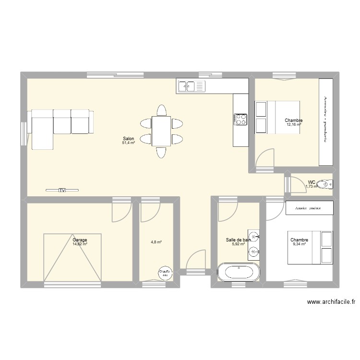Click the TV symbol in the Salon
pos(62,191)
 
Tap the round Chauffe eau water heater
pos(165,273)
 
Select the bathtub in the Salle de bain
pos(239,272)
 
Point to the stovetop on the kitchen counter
pos(240,119)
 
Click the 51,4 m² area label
pos(129,143)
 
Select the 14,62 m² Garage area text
pos(80,244)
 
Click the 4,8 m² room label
pos(156,242)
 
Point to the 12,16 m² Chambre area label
pos(294,125)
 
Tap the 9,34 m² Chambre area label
pos(299,244)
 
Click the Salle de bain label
pos(238,240)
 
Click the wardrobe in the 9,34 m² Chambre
pos(310,208)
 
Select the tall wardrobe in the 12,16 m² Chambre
pos(325,122)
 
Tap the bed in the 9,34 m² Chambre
pos(310,247)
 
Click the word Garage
pos(80,240)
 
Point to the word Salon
pos(129,138)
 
